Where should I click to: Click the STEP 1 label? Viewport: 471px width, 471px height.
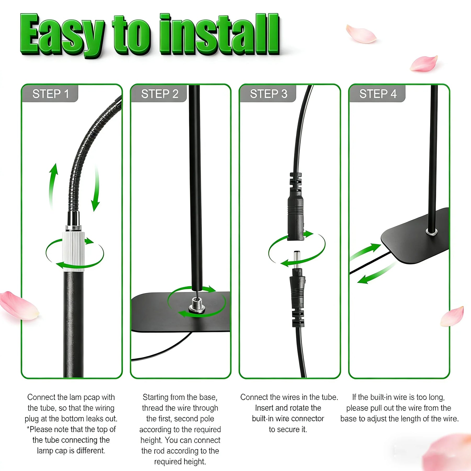click(51, 94)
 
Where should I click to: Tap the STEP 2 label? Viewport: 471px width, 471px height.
click(160, 94)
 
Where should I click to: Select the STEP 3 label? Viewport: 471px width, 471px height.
click(269, 94)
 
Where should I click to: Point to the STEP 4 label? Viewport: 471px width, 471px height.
click(378, 94)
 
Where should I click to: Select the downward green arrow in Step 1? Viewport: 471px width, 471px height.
click(96, 188)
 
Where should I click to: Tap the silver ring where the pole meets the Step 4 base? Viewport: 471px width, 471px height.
click(431, 231)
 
